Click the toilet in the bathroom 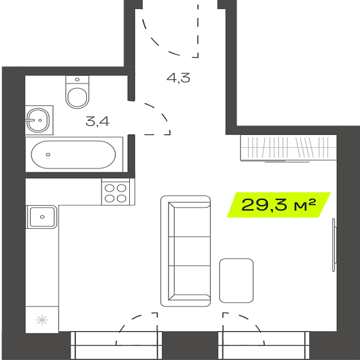coord(77,92)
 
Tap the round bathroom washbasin coord(38,120)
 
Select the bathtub coord(73,154)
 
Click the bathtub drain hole coord(48,154)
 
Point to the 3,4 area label coord(97,122)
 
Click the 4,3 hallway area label coord(179,78)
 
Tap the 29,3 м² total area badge coord(279,204)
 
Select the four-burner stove coord(116,193)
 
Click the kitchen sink coord(42,217)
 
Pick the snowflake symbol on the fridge coord(42,320)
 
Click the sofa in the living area coord(186,251)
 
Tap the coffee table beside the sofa coord(237,280)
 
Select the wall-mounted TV coord(334,245)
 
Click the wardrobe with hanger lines coord(289,148)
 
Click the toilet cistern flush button coord(77,80)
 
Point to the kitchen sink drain coord(42,217)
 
